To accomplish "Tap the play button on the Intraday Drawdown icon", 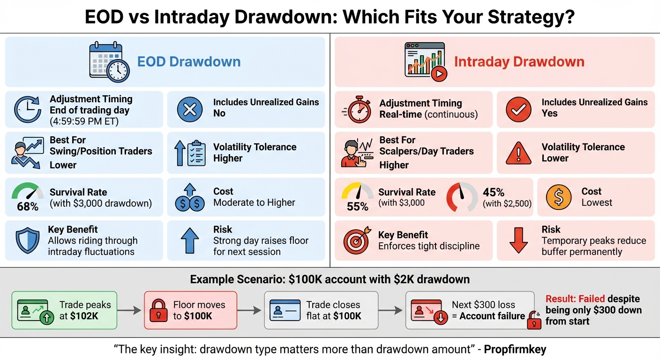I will point(439,74).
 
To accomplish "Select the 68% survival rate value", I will point(28,206).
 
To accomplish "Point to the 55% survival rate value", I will point(358,207).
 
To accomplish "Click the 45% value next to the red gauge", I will point(493,192).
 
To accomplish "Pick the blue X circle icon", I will point(190,109).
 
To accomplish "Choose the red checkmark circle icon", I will point(519,109).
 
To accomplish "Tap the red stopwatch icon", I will point(359,109).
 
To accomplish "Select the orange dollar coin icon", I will point(559,197).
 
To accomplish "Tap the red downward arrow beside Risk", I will point(518,241).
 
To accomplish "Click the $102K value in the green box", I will point(85,316).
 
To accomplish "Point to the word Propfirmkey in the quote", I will point(515,350).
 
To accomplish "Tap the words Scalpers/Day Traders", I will point(426,151).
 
